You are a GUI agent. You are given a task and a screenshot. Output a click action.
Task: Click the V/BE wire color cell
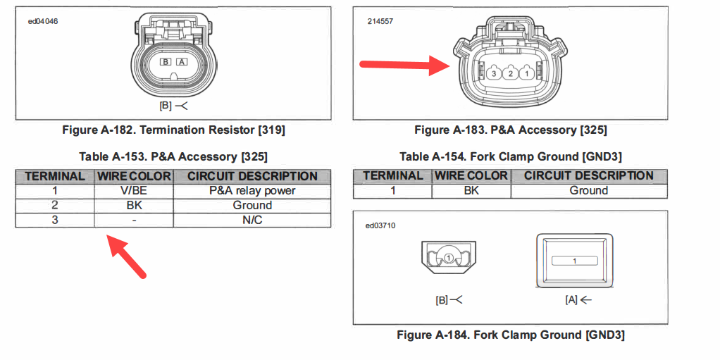pyautogui.click(x=134, y=190)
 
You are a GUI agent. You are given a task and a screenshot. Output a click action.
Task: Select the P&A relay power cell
pyautogui.click(x=252, y=190)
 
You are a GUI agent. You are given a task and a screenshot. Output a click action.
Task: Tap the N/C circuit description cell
pyautogui.click(x=252, y=220)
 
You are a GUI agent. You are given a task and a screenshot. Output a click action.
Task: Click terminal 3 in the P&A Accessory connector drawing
pyautogui.click(x=495, y=73)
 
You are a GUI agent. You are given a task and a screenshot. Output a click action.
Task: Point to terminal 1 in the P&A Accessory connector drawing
pyautogui.click(x=526, y=73)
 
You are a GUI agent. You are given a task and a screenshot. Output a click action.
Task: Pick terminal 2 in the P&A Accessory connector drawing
pyautogui.click(x=511, y=73)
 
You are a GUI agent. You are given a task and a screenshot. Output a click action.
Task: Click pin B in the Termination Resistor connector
pyautogui.click(x=166, y=62)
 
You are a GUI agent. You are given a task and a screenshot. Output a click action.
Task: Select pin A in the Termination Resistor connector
pyautogui.click(x=182, y=62)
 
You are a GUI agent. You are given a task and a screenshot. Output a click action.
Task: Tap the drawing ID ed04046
pyautogui.click(x=43, y=21)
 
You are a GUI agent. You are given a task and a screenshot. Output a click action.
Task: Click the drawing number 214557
pyautogui.click(x=380, y=21)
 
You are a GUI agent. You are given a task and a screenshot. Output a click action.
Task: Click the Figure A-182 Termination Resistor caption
pyautogui.click(x=173, y=130)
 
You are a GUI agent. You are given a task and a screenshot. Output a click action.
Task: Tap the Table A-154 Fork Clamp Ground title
pyautogui.click(x=510, y=156)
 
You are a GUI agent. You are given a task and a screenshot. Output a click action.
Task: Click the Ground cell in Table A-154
pyautogui.click(x=588, y=190)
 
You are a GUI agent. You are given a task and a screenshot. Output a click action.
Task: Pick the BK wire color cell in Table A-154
pyautogui.click(x=471, y=190)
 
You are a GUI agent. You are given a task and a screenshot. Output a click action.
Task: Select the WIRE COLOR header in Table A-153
pyautogui.click(x=134, y=176)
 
